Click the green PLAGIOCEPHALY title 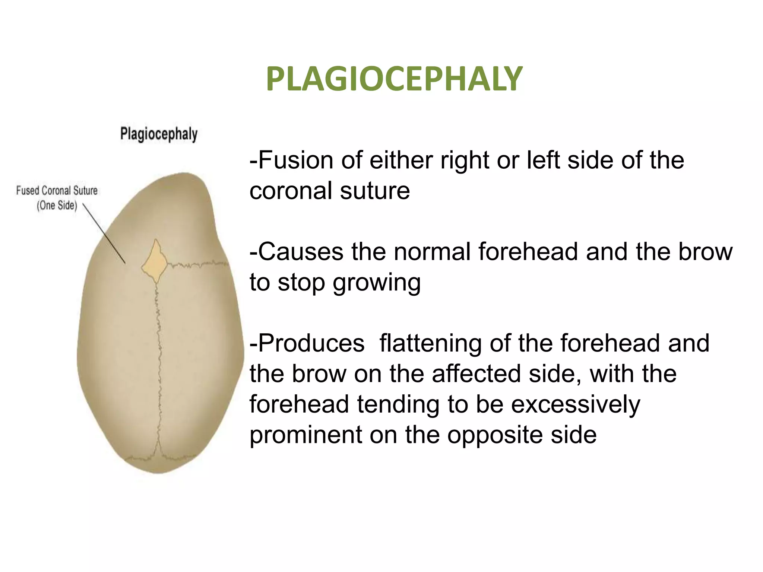pyautogui.click(x=394, y=79)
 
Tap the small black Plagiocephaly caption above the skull pyautogui.click(x=159, y=134)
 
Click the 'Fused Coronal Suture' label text pyautogui.click(x=57, y=191)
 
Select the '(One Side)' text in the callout pyautogui.click(x=57, y=206)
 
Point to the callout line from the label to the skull pyautogui.click(x=104, y=234)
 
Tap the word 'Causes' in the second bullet pyautogui.click(x=300, y=252)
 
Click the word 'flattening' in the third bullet pyautogui.click(x=430, y=343)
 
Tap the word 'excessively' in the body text pyautogui.click(x=576, y=405)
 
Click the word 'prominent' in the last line pyautogui.click(x=305, y=435)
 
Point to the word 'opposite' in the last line pyautogui.click(x=495, y=435)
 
